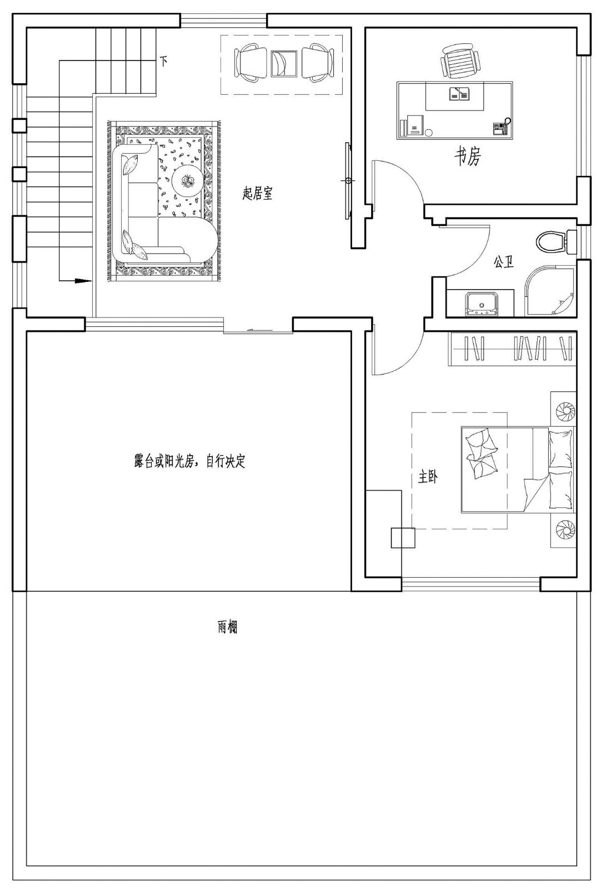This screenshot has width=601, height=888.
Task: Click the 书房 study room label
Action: tap(467, 157)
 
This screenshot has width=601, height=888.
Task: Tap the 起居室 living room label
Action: tap(257, 194)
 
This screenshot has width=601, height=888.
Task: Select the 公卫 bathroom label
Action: tap(503, 263)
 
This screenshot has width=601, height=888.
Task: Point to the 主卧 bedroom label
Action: tap(428, 476)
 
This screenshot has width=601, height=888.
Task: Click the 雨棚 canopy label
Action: tap(227, 628)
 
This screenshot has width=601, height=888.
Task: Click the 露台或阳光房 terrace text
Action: tap(189, 461)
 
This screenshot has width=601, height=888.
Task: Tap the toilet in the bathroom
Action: tap(552, 242)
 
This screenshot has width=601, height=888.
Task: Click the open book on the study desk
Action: tap(459, 95)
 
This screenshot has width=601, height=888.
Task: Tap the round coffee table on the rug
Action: tap(186, 180)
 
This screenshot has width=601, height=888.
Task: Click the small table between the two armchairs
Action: tap(284, 63)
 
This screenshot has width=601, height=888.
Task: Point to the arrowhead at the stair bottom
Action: tap(83, 281)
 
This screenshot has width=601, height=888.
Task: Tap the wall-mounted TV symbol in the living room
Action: tap(348, 181)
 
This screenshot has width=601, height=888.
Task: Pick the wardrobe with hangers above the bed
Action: tap(512, 349)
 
